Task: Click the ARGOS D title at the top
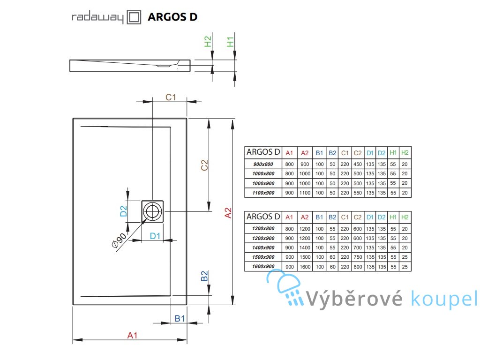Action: (172, 17)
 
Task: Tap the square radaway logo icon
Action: (134, 17)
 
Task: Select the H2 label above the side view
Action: (208, 41)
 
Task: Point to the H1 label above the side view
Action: (230, 42)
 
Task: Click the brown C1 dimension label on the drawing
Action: (171, 97)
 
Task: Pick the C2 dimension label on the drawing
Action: (204, 165)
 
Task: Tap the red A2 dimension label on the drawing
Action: (228, 213)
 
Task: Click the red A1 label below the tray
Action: (132, 336)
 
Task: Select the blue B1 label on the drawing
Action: (180, 319)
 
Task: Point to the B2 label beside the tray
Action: (204, 276)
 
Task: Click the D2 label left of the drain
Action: (123, 211)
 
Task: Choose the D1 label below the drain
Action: (155, 236)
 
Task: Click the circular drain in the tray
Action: (152, 211)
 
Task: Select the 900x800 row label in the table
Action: (263, 164)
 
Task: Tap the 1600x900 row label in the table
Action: (263, 266)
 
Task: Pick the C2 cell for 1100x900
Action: (358, 193)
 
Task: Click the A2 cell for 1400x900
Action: (305, 247)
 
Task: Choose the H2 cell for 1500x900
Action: (405, 257)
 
